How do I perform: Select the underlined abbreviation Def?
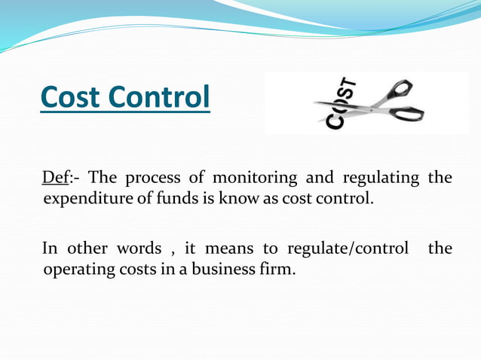tap(55, 178)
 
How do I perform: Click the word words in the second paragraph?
tap(138, 249)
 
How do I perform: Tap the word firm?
tap(278, 269)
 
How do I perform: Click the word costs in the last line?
tap(141, 269)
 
